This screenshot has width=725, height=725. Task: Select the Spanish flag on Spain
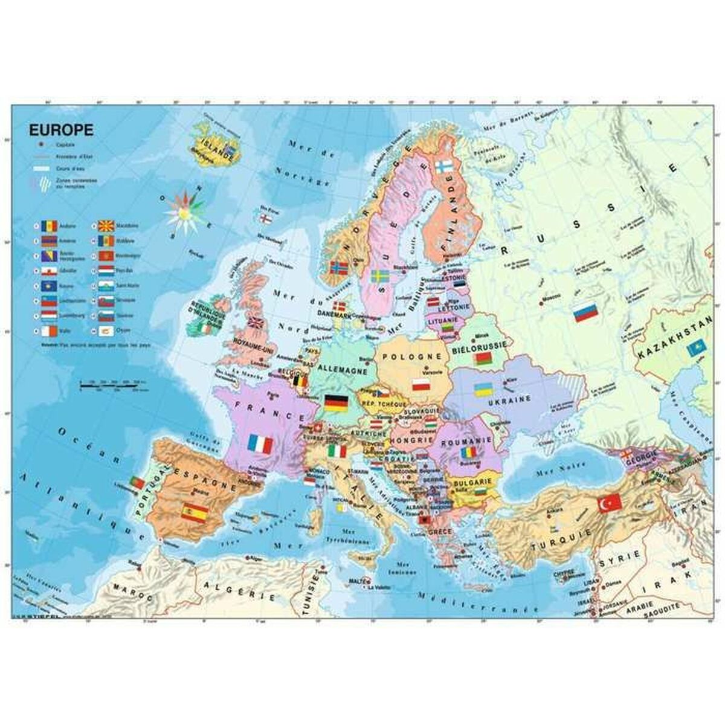(x=195, y=512)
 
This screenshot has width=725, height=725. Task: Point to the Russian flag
(x=585, y=313)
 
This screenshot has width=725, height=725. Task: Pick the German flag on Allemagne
(x=336, y=402)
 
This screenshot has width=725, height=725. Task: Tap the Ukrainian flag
(x=482, y=389)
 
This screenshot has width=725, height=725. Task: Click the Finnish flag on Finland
(x=444, y=166)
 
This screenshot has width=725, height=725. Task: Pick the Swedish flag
(x=379, y=277)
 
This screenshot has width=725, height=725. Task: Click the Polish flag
(x=421, y=385)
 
